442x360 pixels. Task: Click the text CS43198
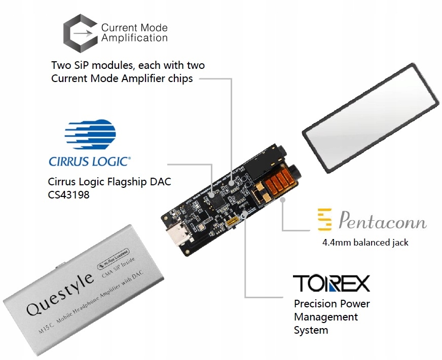click(x=68, y=194)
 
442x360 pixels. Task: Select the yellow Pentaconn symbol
click(x=324, y=220)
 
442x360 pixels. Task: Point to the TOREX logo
click(x=331, y=284)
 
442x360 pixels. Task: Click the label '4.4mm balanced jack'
click(x=365, y=242)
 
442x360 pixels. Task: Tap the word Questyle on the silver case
click(x=59, y=294)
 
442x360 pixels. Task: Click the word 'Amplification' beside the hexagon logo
click(x=134, y=37)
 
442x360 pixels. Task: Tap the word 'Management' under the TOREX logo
click(x=326, y=317)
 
